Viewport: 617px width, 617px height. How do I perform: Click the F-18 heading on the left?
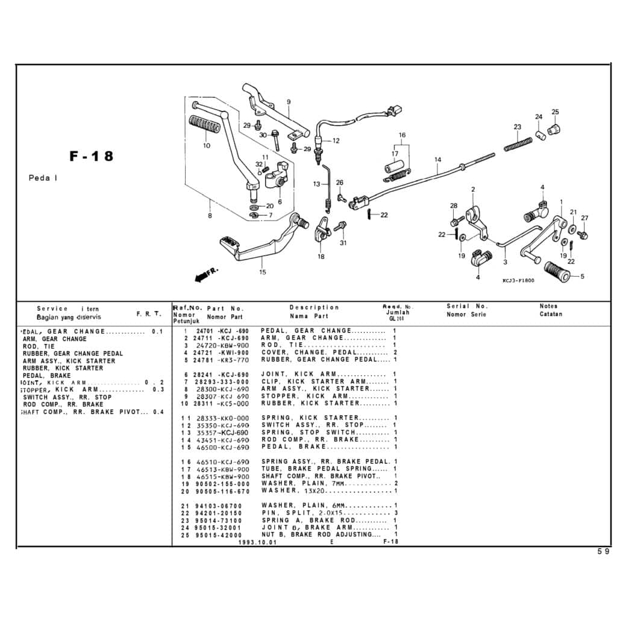click(92, 156)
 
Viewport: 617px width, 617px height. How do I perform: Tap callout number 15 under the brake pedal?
click(262, 272)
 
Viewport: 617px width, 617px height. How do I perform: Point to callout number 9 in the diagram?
click(289, 101)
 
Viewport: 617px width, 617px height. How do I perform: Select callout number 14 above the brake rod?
click(437, 160)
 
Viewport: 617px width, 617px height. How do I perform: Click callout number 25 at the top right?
click(555, 112)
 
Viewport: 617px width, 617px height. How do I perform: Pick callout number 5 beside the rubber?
click(582, 277)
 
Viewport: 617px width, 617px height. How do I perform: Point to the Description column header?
click(314, 308)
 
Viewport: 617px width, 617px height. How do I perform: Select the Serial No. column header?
click(467, 307)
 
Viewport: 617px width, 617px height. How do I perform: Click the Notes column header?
click(548, 307)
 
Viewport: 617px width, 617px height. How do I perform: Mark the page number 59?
click(603, 551)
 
